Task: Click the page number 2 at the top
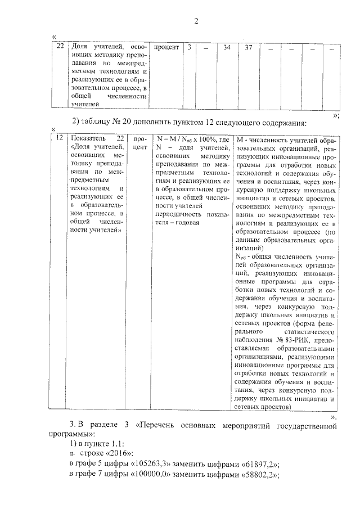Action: [196, 21]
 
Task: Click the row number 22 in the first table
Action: [60, 48]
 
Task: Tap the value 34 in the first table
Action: [227, 48]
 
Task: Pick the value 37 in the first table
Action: [248, 48]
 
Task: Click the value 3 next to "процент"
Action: [190, 48]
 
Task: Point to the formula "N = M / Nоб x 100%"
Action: [185, 139]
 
